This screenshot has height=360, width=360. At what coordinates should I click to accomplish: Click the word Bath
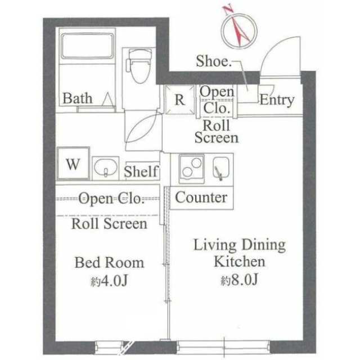77,98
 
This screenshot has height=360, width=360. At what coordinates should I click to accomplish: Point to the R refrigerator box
179,100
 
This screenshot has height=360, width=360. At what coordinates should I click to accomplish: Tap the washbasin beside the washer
105,167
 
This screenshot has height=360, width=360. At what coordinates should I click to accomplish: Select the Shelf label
141,172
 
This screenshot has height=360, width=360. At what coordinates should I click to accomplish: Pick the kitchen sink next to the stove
220,166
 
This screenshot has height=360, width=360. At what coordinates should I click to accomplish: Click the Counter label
201,197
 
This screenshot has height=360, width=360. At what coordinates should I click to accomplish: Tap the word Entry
276,100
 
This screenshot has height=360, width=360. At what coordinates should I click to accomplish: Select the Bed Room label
110,262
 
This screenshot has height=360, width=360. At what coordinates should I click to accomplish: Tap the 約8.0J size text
239,279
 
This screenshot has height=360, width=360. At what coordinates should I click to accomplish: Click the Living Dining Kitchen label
239,253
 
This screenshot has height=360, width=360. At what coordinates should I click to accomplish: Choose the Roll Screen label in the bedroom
110,224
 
